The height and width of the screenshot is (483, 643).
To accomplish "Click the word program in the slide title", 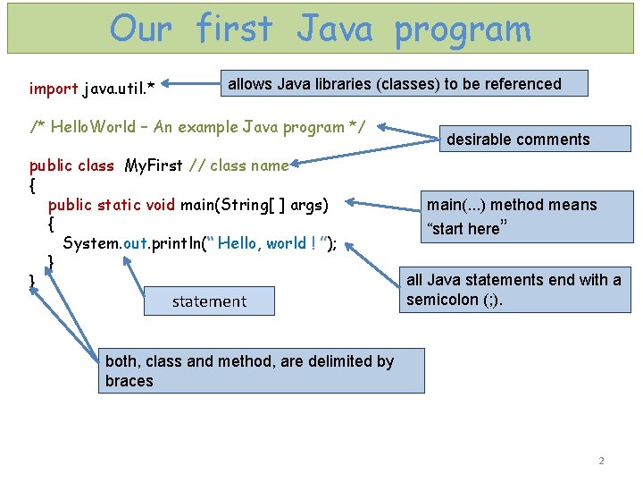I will click(x=462, y=30).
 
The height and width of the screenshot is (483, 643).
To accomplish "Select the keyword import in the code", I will click(x=54, y=89).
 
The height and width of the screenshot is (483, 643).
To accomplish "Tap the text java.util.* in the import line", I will click(x=119, y=89).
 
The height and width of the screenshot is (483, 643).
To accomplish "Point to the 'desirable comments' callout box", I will click(x=518, y=139).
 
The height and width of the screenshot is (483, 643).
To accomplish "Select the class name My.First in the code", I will click(x=155, y=165).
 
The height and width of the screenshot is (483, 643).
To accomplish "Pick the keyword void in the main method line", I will click(x=160, y=205).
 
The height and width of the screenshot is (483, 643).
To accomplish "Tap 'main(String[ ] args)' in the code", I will click(x=255, y=205).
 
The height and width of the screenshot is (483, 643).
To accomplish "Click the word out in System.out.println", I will click(x=124, y=243).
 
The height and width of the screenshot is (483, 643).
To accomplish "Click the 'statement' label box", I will click(x=209, y=301).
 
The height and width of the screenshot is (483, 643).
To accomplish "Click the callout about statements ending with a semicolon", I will click(x=514, y=290).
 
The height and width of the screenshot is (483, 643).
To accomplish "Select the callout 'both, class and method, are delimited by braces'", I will click(x=260, y=371).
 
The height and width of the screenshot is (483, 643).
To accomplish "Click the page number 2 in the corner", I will click(x=601, y=461).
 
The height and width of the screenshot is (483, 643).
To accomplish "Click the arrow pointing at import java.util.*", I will click(x=190, y=88).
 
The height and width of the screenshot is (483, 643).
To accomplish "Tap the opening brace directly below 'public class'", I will click(x=33, y=186).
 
